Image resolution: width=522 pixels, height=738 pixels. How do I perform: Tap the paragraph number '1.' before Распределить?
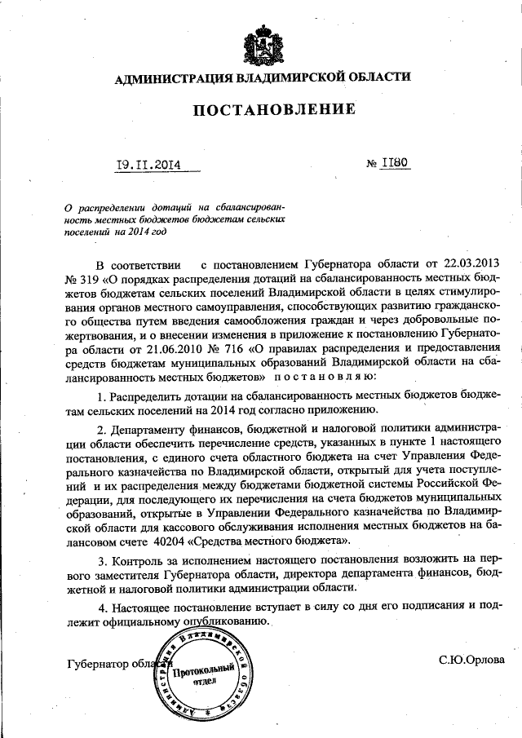(102, 396)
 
